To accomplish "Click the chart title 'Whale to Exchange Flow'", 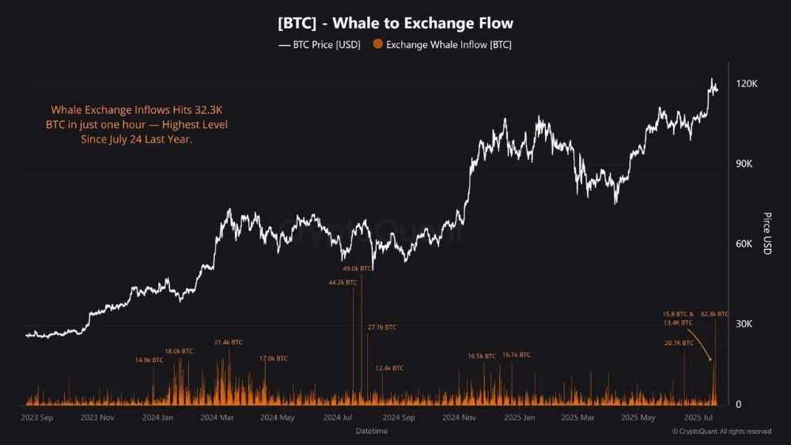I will (395, 23).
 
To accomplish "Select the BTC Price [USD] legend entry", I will (320, 45).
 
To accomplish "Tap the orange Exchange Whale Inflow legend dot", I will (378, 45).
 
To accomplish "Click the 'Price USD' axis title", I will (766, 233).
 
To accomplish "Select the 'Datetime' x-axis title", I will (372, 432).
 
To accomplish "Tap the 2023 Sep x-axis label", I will (36, 417).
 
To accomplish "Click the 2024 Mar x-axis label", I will (217, 417).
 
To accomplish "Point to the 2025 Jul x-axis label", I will (698, 417).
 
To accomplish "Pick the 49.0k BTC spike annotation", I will (357, 269).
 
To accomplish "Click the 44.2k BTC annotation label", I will (343, 282).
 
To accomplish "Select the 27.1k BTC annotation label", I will (382, 327).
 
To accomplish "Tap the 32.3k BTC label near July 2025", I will (714, 315).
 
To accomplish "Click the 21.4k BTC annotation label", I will (228, 342).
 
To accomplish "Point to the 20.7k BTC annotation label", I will (679, 343).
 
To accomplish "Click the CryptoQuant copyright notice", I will (721, 432).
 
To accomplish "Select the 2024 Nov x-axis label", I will (458, 417).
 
